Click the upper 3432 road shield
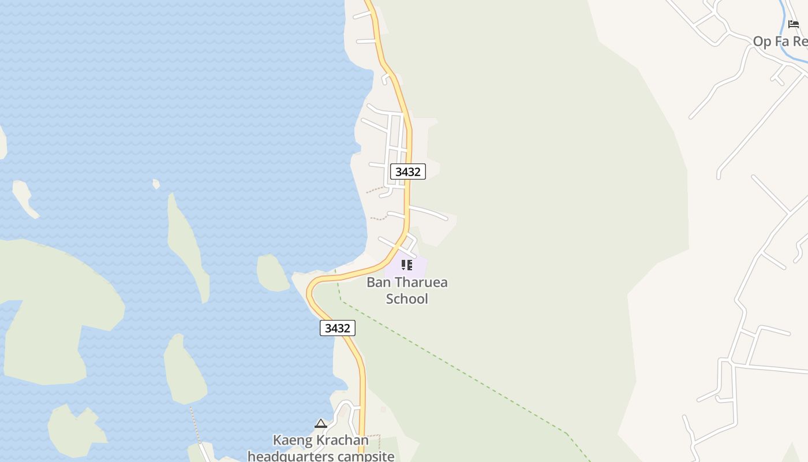[408, 172]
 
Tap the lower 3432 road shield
[338, 328]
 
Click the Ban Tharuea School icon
[407, 265]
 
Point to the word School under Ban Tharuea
[407, 299]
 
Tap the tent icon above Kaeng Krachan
[321, 424]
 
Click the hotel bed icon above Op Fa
[794, 24]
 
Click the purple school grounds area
[418, 267]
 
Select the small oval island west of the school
[271, 273]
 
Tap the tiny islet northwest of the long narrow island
[156, 184]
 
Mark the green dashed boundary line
[462, 370]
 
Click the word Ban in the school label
[379, 282]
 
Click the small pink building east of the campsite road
[383, 409]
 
